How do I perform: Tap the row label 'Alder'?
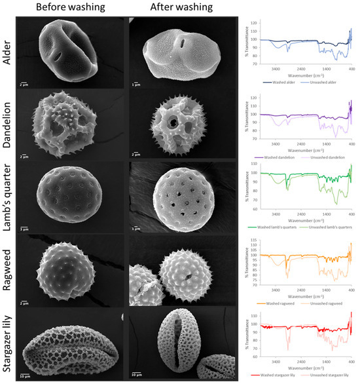coord(9,54)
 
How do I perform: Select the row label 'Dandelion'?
coord(9,128)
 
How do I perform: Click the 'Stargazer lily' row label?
coord(9,347)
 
